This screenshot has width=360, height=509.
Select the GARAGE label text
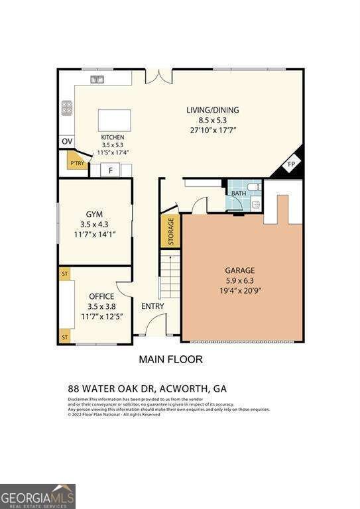pos(239,270)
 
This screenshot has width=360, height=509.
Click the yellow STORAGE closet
pos(170,231)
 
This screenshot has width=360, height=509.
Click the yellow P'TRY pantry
pos(77,162)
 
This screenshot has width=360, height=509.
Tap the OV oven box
pos(66,142)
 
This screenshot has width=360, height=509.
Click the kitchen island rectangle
pos(115,121)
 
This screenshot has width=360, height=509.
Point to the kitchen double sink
pos(98,80)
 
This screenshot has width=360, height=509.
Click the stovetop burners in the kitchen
pos(66,108)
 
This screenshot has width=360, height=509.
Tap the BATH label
pos(237,193)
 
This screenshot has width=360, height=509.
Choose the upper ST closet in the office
pos(65,272)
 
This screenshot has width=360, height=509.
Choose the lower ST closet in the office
pos(65,337)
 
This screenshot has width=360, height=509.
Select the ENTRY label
pos(152,306)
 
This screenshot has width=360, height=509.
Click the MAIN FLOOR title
pos(170,360)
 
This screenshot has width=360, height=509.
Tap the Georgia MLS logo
pos(38,496)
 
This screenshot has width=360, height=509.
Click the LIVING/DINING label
pos(212,110)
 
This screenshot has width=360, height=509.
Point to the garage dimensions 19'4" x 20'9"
pos(239,290)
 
